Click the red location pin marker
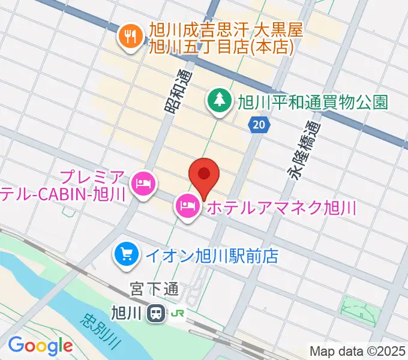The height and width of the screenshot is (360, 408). click(x=204, y=175)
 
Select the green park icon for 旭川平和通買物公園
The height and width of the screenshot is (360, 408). click(x=218, y=101)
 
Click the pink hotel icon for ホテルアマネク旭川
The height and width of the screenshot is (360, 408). click(x=187, y=208)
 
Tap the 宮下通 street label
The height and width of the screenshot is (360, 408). click(x=154, y=290)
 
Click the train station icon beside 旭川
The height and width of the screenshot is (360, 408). click(x=157, y=313)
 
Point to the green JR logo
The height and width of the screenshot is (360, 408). click(x=178, y=313)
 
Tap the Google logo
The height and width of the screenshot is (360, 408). click(x=40, y=346)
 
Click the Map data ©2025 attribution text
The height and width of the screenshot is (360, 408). click(x=358, y=350)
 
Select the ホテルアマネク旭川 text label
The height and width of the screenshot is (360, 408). click(x=280, y=208)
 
